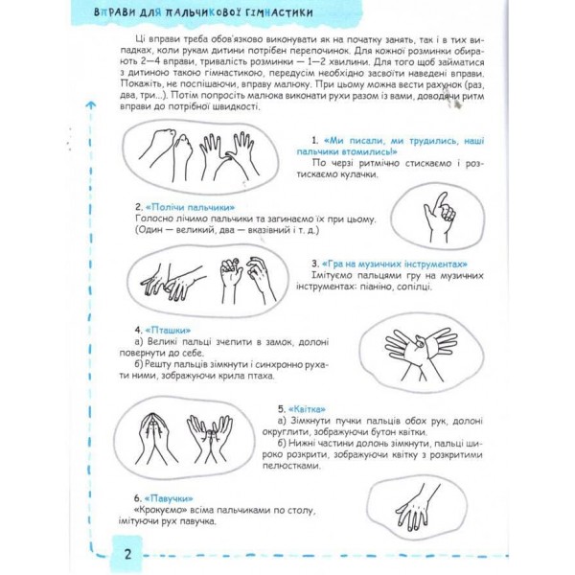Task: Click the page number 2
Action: pos(126,554)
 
